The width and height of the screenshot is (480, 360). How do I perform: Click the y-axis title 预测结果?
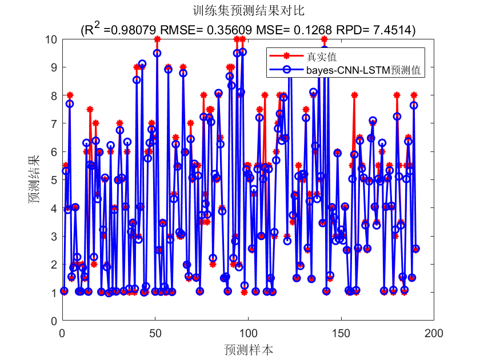point(35,180)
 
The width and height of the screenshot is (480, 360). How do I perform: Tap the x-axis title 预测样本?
point(249,350)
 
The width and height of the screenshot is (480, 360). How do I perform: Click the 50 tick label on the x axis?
point(155,332)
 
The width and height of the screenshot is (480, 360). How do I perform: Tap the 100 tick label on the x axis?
point(248,332)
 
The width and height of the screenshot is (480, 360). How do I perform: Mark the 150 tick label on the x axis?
point(341,332)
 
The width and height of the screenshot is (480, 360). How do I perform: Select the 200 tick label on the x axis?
point(434,332)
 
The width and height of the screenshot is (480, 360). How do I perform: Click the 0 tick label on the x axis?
point(62,332)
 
